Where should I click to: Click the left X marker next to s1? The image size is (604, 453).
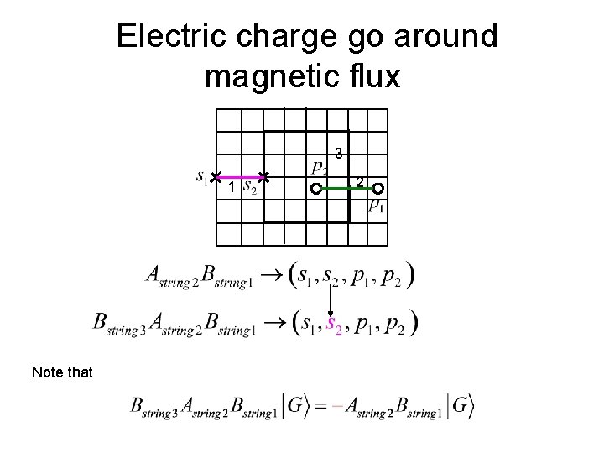click(x=216, y=176)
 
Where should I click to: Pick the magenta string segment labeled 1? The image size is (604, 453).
click(x=239, y=177)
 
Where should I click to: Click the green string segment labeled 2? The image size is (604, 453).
click(x=346, y=189)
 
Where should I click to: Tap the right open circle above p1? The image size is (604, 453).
click(x=378, y=189)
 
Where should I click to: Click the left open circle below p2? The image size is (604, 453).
click(x=315, y=189)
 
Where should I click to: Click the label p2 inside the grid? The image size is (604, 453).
click(x=319, y=168)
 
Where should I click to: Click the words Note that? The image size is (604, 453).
click(x=62, y=371)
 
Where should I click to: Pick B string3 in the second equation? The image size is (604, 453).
click(x=115, y=323)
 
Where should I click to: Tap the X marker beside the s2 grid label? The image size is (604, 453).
click(x=263, y=177)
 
